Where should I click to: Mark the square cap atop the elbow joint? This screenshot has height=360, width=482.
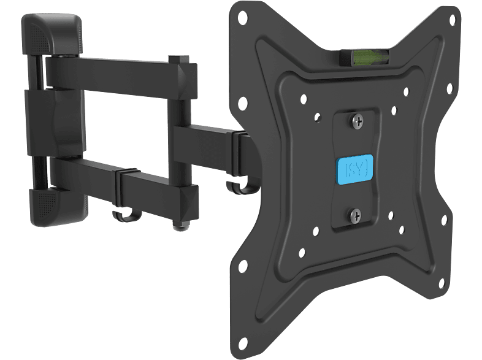(x=174, y=61)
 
